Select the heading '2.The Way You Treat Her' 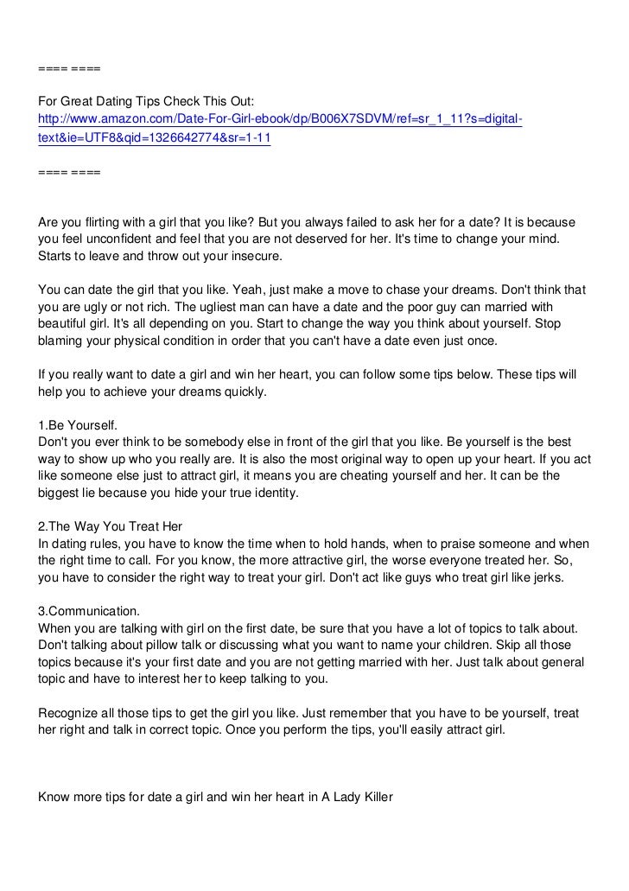(x=111, y=527)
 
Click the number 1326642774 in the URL (x=170, y=137)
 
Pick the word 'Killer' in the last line (x=373, y=798)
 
